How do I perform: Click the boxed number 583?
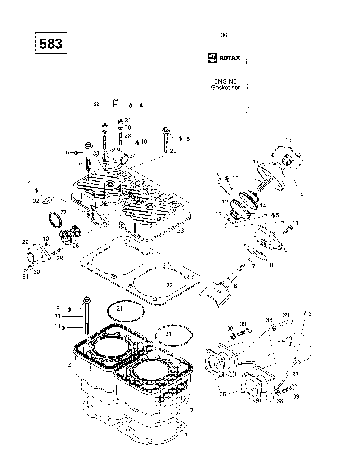click(51, 44)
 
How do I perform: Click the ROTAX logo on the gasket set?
click(224, 58)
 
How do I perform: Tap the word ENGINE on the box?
click(225, 81)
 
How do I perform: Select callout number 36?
click(224, 35)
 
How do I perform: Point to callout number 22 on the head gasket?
click(169, 286)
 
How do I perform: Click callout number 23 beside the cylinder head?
click(180, 230)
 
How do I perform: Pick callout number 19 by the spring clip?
click(288, 140)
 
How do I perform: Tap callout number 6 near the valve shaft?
click(235, 286)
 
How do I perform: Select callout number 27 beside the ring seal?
click(63, 212)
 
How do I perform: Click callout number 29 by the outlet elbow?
click(25, 242)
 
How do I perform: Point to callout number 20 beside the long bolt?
click(57, 316)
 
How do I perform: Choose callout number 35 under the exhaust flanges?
click(223, 394)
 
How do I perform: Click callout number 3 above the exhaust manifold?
click(310, 314)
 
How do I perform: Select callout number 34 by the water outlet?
click(132, 156)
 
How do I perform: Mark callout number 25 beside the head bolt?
click(173, 151)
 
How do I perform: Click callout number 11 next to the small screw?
click(295, 223)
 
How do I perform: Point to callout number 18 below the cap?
click(301, 194)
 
